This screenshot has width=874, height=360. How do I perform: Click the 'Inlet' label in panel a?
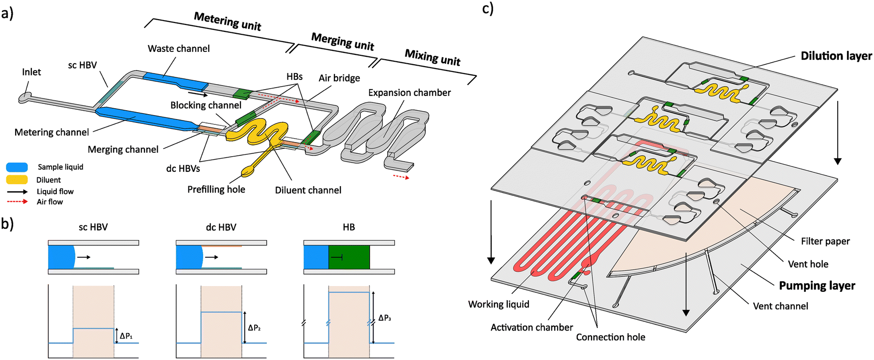pos(31,72)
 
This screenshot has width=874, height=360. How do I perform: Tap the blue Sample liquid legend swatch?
pos(17,167)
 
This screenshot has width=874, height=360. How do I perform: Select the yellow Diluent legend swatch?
pos(17,180)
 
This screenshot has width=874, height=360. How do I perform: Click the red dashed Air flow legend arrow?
pos(17,202)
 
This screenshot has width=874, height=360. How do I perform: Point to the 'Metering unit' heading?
pos(227,22)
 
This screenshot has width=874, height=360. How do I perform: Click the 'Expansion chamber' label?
pos(409,93)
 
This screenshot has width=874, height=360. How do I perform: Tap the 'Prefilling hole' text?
pos(216,190)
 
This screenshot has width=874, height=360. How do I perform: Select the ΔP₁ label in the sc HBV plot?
pos(126,336)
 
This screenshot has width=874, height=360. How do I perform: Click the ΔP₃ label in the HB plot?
pos(385,318)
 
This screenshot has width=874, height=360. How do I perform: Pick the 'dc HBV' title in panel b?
pos(221,227)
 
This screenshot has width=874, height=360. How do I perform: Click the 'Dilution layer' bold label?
pos(836,56)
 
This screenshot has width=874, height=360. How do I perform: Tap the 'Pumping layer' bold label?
pos(817,286)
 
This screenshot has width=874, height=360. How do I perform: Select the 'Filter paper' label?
pos(825,241)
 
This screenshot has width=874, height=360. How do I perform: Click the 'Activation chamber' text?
pos(532,327)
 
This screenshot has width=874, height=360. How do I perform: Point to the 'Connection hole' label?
pos(610,337)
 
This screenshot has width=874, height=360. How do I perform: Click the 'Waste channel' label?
pos(179,48)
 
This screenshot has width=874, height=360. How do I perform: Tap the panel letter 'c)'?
pos(488,8)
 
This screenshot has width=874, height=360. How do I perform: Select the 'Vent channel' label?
pos(780,306)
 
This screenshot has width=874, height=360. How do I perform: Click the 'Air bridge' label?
pos(339,78)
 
